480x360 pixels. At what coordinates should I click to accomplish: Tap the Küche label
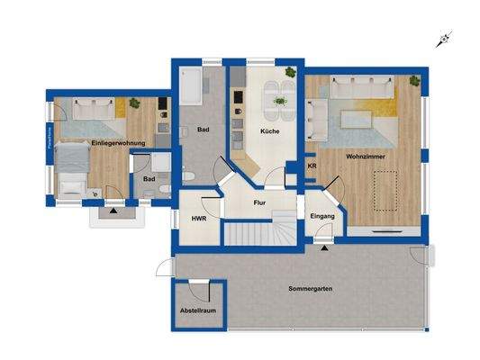(269, 131)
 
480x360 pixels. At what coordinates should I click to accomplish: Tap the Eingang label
(322, 218)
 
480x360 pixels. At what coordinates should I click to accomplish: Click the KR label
(312, 166)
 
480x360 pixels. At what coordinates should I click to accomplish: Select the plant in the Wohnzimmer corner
(414, 81)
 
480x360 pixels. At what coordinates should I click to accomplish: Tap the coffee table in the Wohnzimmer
(356, 114)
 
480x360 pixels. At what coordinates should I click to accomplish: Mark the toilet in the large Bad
(191, 173)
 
